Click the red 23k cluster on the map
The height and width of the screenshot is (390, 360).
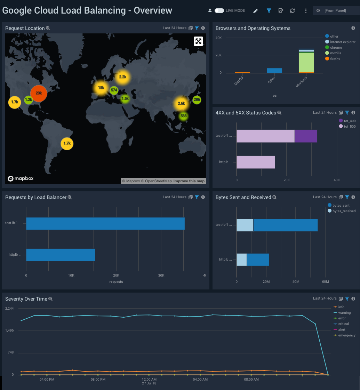tap(39, 93)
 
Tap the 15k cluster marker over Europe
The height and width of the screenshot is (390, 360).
tap(101, 88)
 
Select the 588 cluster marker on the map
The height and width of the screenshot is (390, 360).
tap(184, 116)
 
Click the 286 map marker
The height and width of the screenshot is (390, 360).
tap(197, 100)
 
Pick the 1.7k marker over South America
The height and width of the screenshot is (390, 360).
tap(67, 143)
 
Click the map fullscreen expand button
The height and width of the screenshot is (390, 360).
tap(198, 41)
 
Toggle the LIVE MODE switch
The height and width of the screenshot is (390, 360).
tap(219, 10)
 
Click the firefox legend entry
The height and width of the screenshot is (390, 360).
tap(335, 59)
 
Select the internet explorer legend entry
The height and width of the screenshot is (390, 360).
tap(343, 42)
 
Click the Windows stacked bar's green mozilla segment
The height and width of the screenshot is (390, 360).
tap(306, 63)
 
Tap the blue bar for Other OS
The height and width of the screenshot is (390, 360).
tap(274, 71)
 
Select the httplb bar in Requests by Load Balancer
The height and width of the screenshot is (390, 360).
tap(61, 255)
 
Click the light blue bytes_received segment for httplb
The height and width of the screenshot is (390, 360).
tap(241, 260)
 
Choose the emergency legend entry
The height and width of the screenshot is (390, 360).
tap(346, 335)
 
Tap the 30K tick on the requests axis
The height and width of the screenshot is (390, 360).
tap(161, 275)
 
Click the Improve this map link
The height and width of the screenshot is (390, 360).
tap(189, 181)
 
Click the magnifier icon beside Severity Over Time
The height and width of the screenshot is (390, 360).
tap(50, 299)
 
